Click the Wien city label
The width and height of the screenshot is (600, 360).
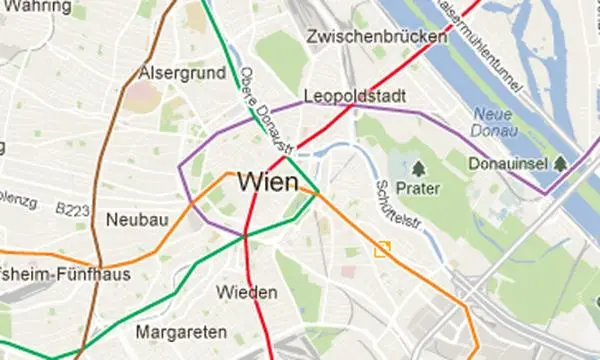(268, 183)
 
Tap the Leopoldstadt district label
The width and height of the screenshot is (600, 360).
(353, 97)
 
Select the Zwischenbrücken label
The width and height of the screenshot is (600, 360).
(378, 38)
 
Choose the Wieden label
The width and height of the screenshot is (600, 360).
(246, 292)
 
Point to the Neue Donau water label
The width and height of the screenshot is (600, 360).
(493, 123)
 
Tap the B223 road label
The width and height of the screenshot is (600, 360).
(72, 209)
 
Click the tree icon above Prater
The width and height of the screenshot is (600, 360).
(419, 169)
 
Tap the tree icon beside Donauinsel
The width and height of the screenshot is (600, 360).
(560, 162)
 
